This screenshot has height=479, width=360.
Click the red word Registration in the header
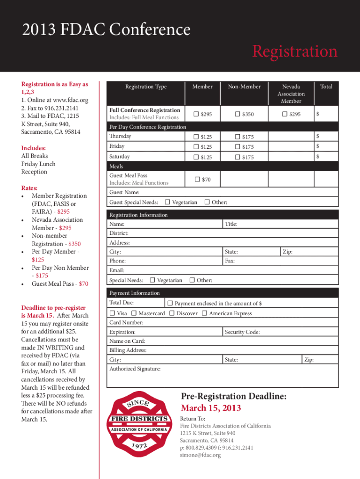[294, 51]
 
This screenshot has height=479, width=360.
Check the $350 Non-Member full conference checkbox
[238, 114]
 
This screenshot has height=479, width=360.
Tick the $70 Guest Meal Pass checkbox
[197, 179]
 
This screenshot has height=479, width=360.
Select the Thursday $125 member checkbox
[196, 137]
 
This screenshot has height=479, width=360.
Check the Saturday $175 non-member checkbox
[238, 157]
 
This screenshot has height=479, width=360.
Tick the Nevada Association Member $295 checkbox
[285, 114]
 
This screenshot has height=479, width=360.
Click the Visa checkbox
[112, 313]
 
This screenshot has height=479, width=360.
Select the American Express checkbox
[204, 313]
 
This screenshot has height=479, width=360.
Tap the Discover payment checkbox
[172, 313]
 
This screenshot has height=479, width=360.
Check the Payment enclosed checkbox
[170, 303]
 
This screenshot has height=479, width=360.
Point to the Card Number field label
[126, 323]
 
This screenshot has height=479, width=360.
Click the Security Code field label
[242, 332]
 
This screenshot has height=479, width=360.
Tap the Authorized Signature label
[135, 369]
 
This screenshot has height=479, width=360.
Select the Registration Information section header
[138, 215]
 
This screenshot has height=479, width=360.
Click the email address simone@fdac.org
[200, 455]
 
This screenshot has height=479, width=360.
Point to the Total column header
[326, 87]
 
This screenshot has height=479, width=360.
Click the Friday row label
[117, 146]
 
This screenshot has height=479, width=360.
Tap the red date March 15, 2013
[211, 408]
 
